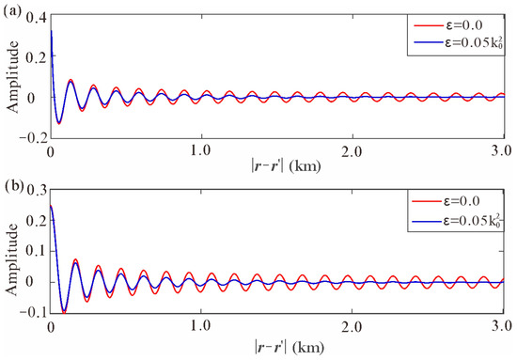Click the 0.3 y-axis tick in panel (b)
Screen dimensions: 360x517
click(x=36, y=193)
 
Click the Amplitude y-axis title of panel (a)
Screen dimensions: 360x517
click(x=11, y=78)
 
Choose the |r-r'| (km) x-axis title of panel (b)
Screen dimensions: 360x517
click(x=276, y=345)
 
